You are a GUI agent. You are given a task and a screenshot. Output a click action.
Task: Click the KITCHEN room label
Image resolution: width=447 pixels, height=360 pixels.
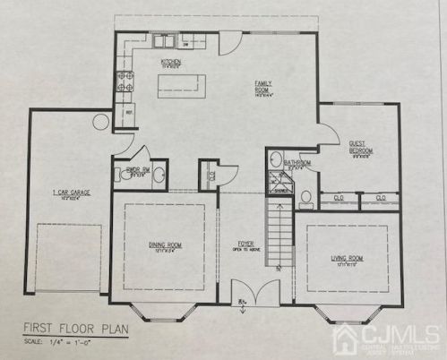pyautogui.click(x=170, y=63)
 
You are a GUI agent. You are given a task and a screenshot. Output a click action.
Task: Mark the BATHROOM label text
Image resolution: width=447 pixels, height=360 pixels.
pyautogui.click(x=297, y=163)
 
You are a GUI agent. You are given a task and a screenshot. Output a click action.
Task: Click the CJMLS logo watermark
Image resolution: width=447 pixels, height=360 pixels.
pyautogui.click(x=386, y=339)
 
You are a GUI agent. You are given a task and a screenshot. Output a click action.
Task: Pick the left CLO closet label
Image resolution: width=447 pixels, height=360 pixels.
pyautogui.click(x=338, y=197)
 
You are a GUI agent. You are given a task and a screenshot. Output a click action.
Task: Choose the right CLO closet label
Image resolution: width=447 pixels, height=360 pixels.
pyautogui.click(x=381, y=197)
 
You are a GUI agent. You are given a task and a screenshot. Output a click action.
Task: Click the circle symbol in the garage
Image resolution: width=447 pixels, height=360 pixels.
pyautogui.click(x=101, y=121)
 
